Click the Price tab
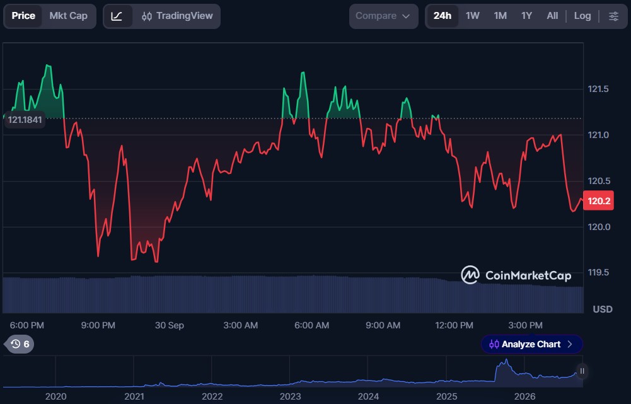click(23, 16)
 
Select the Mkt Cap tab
click(69, 16)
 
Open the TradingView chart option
click(177, 16)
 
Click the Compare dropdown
click(383, 16)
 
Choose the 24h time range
click(443, 16)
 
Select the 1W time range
click(472, 16)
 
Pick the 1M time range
click(501, 16)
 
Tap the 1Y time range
click(526, 16)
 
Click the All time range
click(552, 16)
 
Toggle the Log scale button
click(582, 16)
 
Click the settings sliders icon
click(613, 16)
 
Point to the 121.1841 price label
click(25, 120)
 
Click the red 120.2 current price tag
click(599, 201)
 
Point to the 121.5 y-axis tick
click(598, 89)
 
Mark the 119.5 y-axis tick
click(598, 272)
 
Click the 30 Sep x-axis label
click(170, 325)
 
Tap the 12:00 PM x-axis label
click(454, 325)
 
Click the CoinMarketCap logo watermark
click(516, 275)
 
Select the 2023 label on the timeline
click(290, 396)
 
